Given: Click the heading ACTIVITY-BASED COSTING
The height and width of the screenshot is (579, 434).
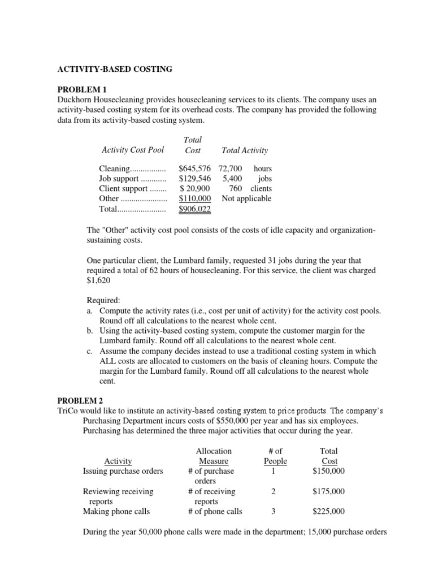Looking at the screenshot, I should [115, 70].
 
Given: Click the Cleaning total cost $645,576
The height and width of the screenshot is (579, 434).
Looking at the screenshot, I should [195, 168].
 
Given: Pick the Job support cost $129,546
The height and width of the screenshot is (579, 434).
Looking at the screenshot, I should [195, 179].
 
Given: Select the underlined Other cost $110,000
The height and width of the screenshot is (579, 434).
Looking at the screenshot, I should [195, 199].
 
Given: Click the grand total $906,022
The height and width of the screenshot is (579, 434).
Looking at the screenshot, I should [195, 209].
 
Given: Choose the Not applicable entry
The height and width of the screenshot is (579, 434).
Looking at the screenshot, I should [246, 199].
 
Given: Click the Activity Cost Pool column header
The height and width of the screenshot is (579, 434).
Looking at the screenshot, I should [133, 150].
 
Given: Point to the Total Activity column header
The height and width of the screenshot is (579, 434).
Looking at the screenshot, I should [245, 150].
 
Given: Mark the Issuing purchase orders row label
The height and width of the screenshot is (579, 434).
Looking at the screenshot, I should [123, 471].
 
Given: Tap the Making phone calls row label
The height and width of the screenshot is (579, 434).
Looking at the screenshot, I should [116, 512].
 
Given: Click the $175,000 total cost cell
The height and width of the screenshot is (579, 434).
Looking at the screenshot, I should [328, 491].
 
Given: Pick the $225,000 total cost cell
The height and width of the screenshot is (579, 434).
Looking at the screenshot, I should [328, 512].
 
